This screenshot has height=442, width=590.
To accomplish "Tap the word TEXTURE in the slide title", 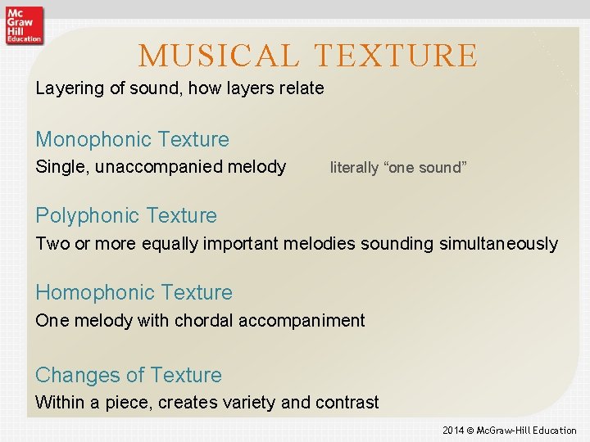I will point(397,56).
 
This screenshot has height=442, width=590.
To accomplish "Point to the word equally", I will point(170,244).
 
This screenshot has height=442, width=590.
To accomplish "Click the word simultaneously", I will point(493,244).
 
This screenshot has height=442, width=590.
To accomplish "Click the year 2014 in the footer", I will point(453,431).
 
